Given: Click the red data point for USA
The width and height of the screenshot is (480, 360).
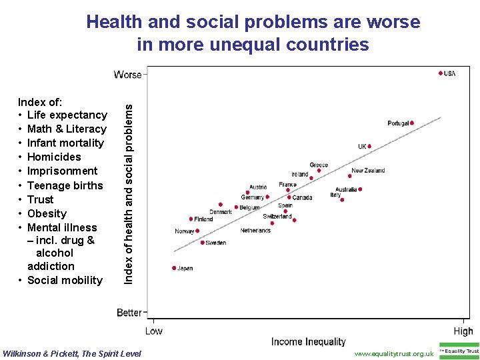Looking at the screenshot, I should pos(441,73).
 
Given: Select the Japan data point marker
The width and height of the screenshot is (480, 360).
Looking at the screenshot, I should pos(174,268).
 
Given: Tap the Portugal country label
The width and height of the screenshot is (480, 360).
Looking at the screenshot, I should pos(398,123).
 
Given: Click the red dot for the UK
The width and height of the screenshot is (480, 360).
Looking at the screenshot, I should pos(369,147).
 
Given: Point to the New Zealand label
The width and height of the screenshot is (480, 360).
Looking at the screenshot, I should pos(368,171).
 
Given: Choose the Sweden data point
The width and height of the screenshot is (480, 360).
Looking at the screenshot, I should pos(203,243).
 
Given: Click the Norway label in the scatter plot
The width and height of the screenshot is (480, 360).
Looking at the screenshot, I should pos(184,232).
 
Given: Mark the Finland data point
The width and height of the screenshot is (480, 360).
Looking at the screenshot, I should pos(191,219).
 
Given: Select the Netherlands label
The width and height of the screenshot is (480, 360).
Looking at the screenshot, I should pos(255,231).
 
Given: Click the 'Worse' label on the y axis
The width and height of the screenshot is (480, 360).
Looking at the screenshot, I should pos(128,75).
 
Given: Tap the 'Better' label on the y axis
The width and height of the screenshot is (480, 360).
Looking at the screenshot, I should pos(129,313).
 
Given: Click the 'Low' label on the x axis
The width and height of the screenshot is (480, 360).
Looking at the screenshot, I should pos(153,331).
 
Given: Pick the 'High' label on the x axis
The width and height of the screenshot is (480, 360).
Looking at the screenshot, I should pos(463,331).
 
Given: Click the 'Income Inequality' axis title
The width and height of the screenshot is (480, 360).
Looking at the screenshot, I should pos(309,342).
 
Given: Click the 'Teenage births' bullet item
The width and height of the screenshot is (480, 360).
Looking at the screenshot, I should pos(65,185).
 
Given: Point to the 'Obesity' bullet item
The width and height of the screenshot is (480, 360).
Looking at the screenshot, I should pos(47,213).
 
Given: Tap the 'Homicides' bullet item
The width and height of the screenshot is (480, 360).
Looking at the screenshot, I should pos(53,157).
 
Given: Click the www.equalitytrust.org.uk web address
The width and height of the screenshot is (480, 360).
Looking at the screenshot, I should pos(394,353).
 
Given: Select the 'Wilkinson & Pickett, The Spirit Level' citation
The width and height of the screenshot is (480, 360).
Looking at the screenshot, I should pos(72,353).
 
